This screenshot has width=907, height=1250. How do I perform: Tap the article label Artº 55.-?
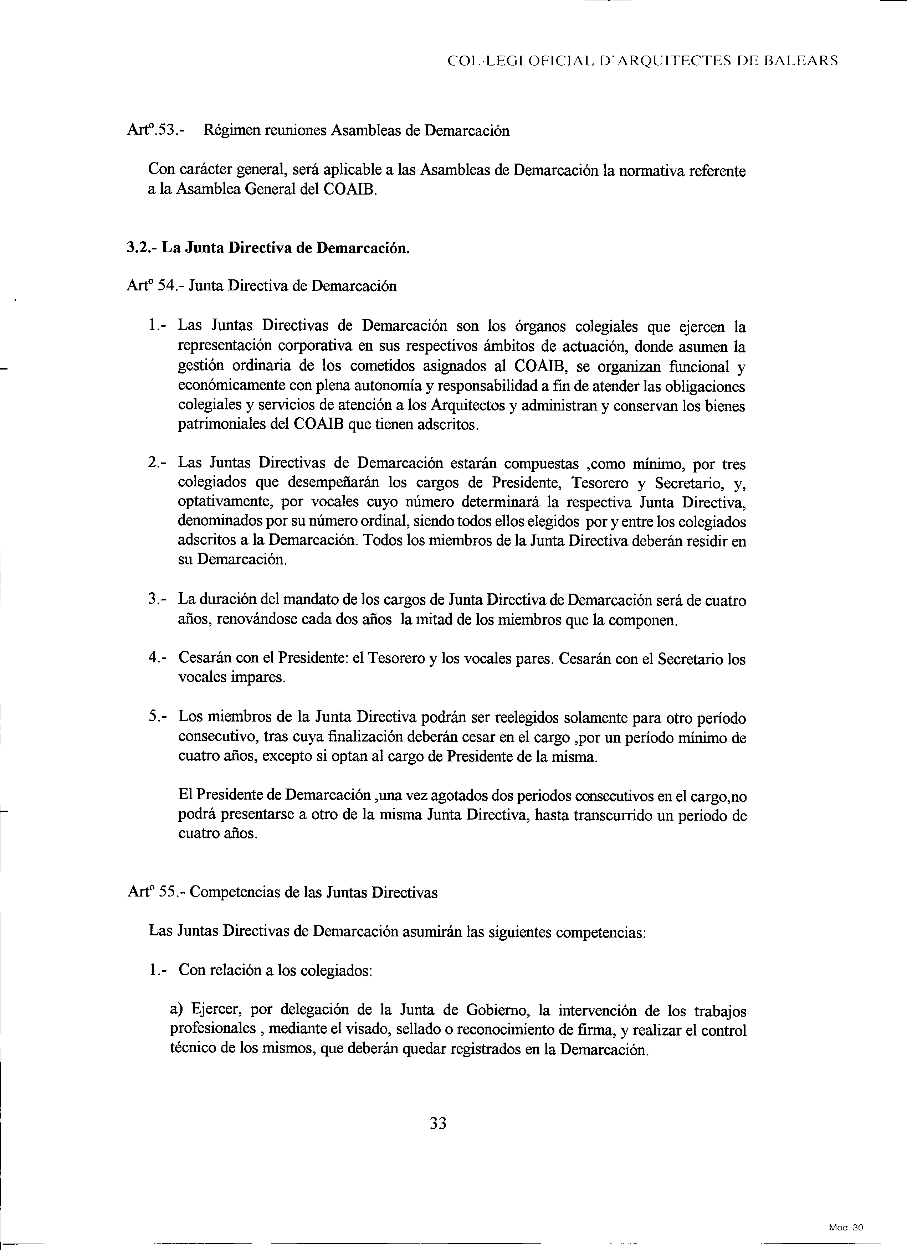157,892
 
